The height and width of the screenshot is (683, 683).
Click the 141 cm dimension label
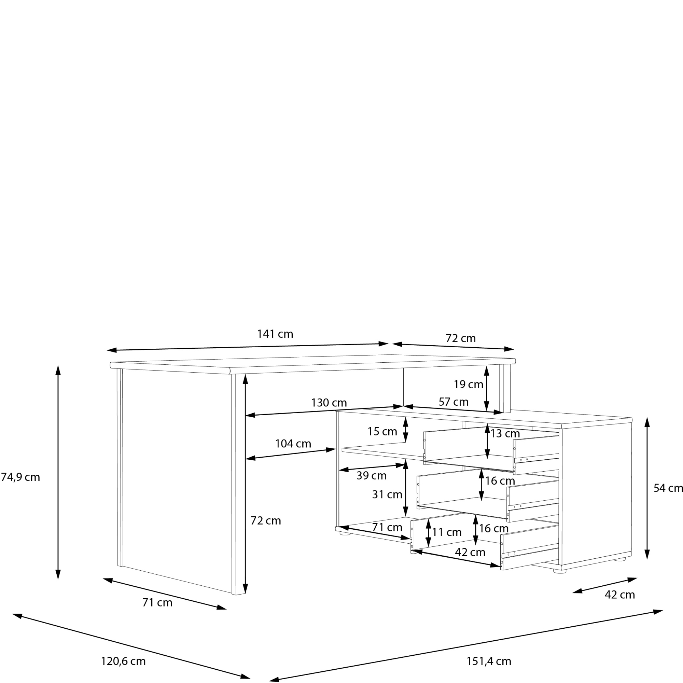click(275, 334)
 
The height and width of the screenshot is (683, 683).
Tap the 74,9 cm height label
click(20, 477)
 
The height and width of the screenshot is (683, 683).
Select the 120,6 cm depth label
click(123, 661)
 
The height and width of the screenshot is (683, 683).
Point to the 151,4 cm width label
click(489, 661)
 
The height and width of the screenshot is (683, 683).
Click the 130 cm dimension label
click(329, 403)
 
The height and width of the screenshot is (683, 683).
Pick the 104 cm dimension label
click(293, 444)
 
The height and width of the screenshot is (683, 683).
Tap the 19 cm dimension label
click(469, 385)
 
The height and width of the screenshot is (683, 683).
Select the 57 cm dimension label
click(454, 402)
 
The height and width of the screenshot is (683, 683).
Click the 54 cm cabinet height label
click(668, 488)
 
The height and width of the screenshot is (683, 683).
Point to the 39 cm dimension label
click(371, 476)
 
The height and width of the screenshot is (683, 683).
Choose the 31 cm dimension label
click(387, 494)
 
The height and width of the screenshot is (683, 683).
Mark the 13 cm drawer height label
click(505, 434)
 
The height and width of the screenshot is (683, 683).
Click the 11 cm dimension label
click(446, 532)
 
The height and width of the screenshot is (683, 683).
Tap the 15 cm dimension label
click(382, 432)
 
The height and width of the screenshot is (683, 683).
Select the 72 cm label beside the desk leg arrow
click(266, 521)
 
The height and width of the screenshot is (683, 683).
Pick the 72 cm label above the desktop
click(461, 338)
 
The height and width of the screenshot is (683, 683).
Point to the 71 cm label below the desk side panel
click(157, 602)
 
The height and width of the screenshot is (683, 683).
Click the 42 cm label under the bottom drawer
click(470, 552)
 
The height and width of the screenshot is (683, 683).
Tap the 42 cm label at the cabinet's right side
click(620, 595)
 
